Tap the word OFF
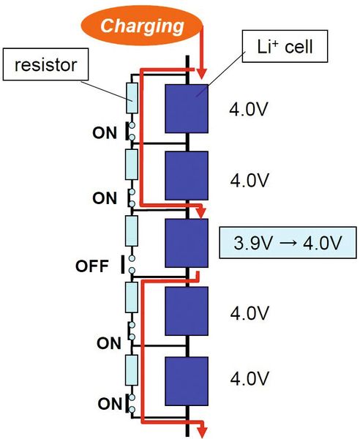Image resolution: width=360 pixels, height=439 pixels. pyautogui.click(x=91, y=265)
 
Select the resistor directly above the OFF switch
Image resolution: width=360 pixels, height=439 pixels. pyautogui.click(x=131, y=231)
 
